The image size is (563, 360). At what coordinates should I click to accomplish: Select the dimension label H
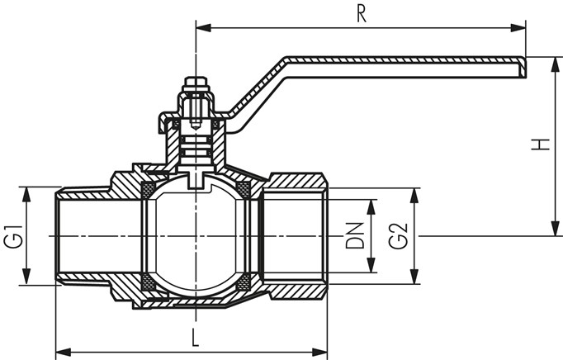pyautogui.click(x=541, y=145)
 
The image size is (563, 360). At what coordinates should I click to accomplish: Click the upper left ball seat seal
pyautogui.click(x=148, y=189)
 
